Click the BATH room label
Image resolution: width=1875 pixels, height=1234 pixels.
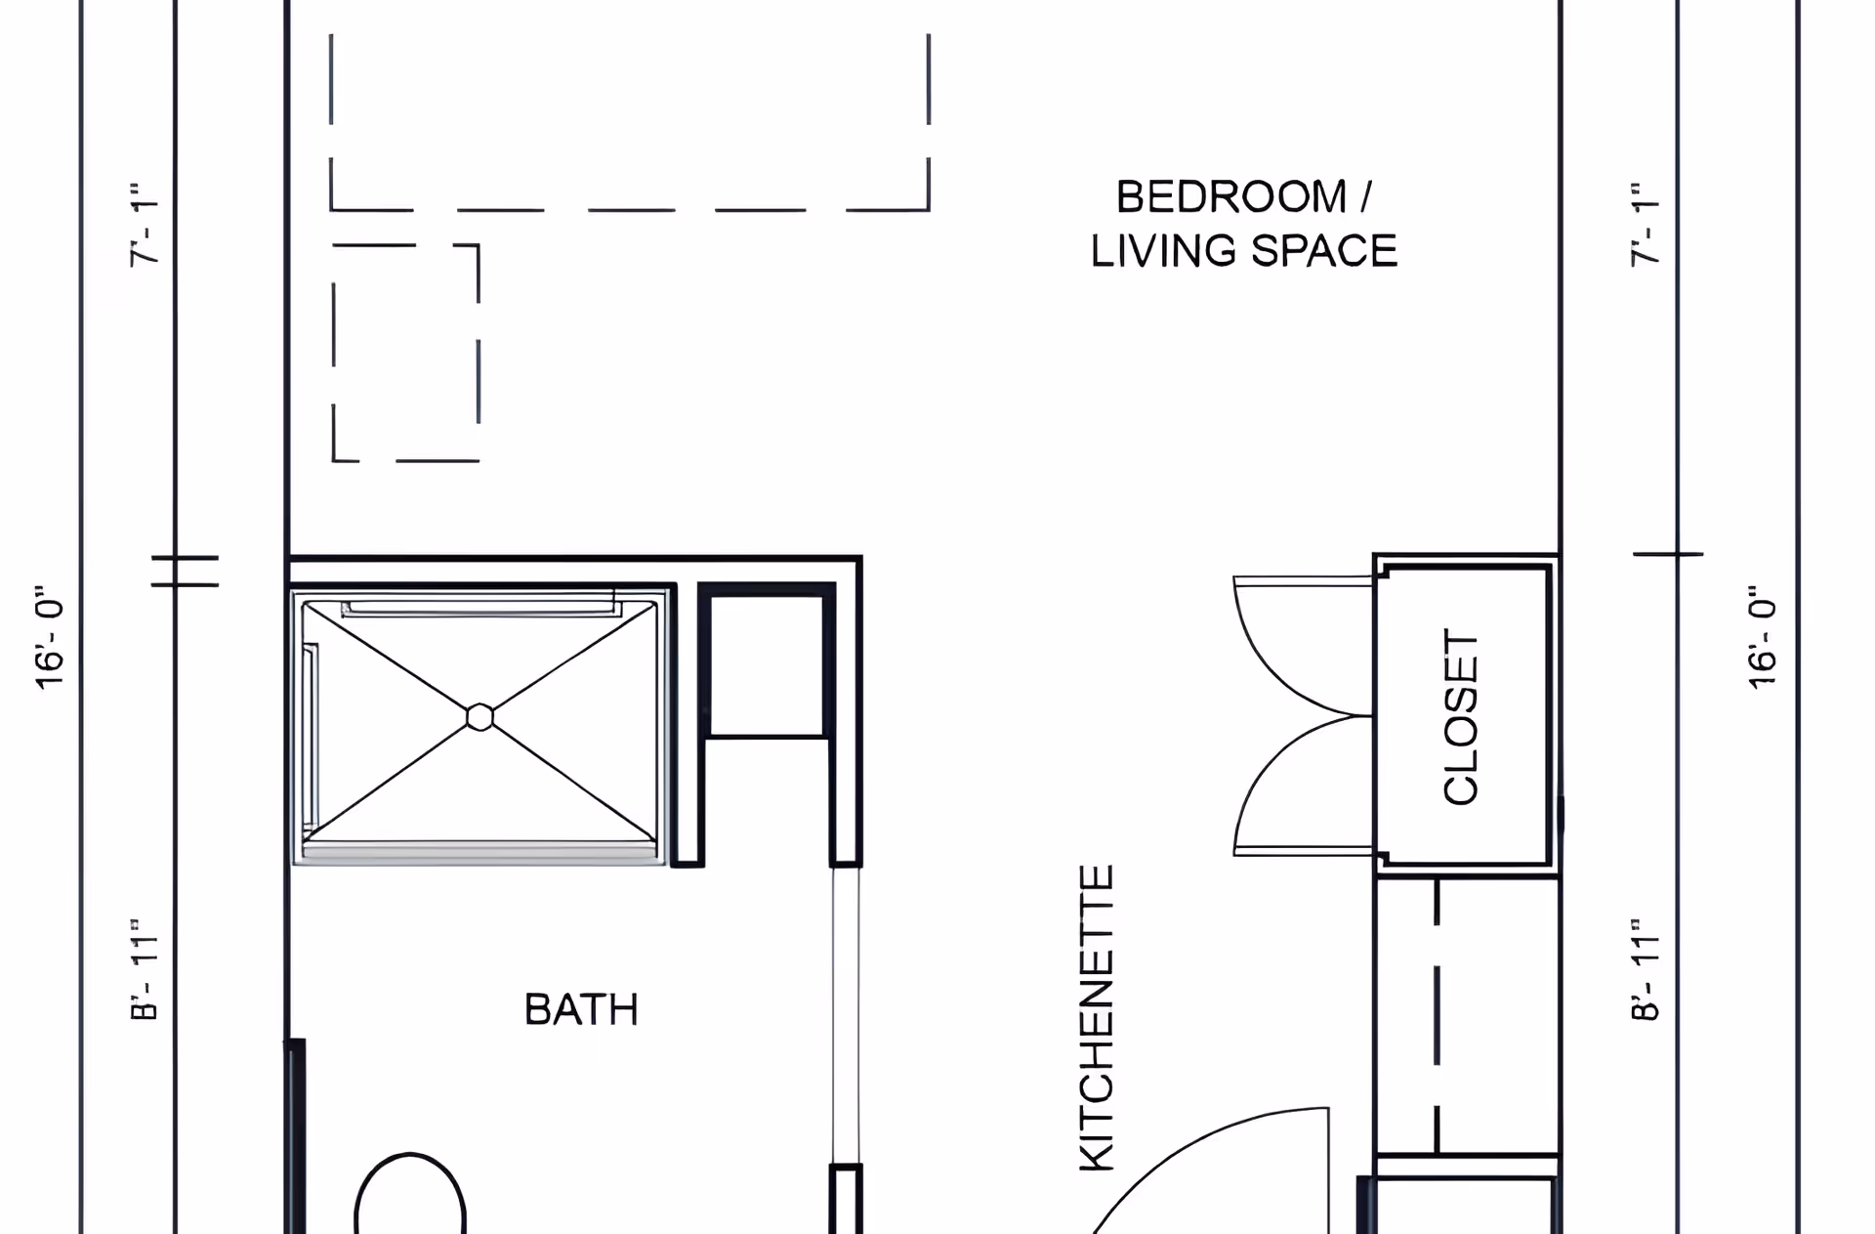(x=581, y=1009)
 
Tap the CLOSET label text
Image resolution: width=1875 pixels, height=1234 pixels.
(x=1461, y=717)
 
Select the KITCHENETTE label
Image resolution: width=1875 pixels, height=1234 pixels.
(x=1097, y=1018)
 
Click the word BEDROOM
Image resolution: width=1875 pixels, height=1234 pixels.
(x=1231, y=196)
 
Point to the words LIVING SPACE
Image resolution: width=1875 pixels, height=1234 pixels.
(x=1243, y=251)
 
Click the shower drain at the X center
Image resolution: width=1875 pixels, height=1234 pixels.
(x=479, y=717)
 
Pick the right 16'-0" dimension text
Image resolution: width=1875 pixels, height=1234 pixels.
(x=1762, y=639)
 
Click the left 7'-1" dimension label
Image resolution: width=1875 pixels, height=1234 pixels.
(x=144, y=224)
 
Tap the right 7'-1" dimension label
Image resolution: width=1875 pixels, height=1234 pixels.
(x=1645, y=224)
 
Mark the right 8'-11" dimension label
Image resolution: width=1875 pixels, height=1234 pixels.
(x=1645, y=970)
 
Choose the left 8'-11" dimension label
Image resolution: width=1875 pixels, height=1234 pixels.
(x=144, y=970)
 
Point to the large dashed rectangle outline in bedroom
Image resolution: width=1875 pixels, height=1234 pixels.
(x=630, y=209)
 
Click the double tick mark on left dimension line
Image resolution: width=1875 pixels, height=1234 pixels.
(x=185, y=572)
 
